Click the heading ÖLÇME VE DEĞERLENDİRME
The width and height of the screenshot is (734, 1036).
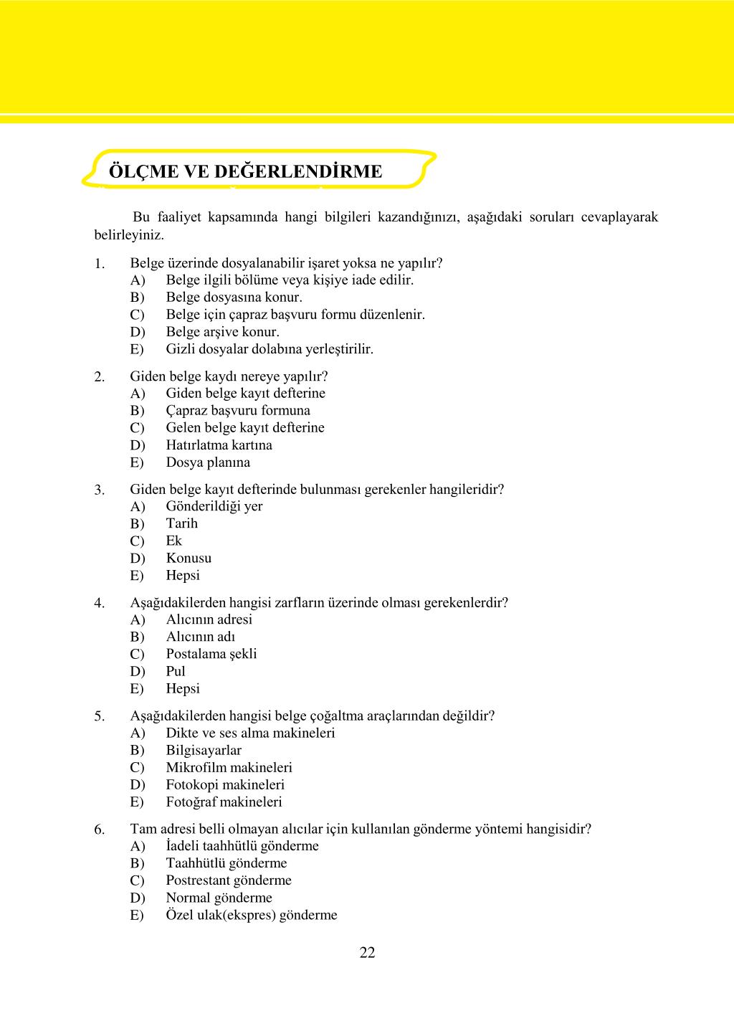point(245,172)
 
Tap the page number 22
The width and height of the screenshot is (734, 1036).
point(367,952)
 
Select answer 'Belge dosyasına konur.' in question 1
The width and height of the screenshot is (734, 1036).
point(234,297)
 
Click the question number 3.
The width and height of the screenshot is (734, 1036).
point(100,490)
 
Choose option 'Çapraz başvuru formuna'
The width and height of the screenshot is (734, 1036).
point(238,410)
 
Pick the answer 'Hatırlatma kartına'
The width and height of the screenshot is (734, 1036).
point(219,445)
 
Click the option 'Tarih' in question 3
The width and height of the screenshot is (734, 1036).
point(181,523)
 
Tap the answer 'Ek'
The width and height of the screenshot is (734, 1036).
point(173,541)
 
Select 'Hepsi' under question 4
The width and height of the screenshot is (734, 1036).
point(183,688)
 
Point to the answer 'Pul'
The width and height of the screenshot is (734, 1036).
point(176,671)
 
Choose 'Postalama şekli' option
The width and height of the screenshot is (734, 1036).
point(211,654)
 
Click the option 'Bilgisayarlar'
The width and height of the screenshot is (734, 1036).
point(204,750)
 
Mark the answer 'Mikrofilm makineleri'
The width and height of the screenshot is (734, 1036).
point(229,767)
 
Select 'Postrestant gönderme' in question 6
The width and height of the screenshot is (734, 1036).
point(229,880)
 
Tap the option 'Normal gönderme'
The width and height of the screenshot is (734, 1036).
point(219,898)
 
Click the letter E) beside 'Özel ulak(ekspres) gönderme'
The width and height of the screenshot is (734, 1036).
point(137,916)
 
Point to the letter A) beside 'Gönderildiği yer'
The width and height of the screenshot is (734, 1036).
point(137,507)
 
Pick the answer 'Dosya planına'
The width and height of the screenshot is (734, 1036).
point(208,462)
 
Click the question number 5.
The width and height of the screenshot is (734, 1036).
point(100,716)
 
